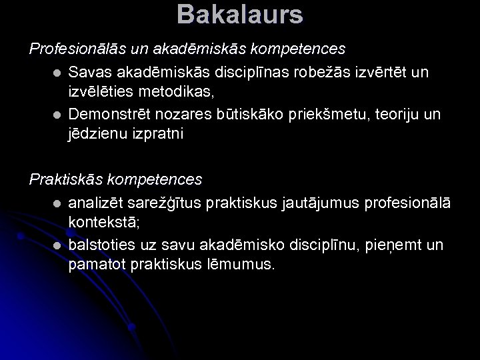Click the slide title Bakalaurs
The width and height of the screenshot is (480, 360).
240,15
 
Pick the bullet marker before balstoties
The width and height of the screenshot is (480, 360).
58,245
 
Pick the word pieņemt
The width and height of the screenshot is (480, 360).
384,245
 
